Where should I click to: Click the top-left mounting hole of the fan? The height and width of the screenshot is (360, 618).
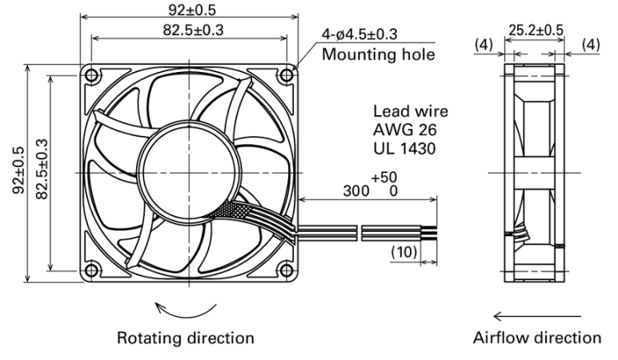point(91,75)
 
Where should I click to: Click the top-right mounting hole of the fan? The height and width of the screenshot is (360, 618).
point(287,75)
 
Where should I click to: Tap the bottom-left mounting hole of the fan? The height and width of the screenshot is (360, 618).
point(91,270)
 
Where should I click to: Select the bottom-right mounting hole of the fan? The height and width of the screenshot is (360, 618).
point(287,270)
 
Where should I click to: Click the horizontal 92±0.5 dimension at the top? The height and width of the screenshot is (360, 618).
point(192,10)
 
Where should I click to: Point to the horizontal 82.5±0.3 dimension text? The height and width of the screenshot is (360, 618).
point(193,30)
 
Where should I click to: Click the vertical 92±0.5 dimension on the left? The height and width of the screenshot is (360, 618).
point(18,170)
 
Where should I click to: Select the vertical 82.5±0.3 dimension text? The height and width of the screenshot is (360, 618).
point(42,170)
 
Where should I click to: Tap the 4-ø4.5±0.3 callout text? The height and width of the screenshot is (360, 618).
point(359,34)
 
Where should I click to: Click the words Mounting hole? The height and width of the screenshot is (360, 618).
point(379,54)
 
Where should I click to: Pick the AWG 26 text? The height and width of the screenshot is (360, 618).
point(405,130)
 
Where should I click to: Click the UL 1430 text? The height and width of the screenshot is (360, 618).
point(404,149)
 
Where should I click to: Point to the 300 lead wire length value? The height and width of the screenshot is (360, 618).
point(356,191)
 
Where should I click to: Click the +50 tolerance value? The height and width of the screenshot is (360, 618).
point(384,178)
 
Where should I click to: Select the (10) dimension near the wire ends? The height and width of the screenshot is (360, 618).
point(404,252)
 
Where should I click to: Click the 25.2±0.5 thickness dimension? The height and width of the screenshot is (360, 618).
point(536,30)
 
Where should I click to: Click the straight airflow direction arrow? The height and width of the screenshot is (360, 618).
point(537,316)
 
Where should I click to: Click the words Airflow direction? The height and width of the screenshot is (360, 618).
point(537,338)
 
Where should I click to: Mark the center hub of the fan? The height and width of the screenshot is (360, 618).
point(189,173)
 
